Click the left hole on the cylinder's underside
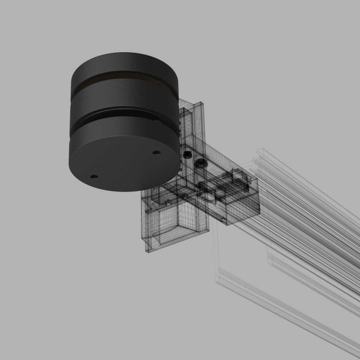pyautogui.click(x=94, y=176)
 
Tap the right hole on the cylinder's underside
pyautogui.click(x=157, y=152)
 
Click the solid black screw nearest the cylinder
pyautogui.click(x=188, y=155)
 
